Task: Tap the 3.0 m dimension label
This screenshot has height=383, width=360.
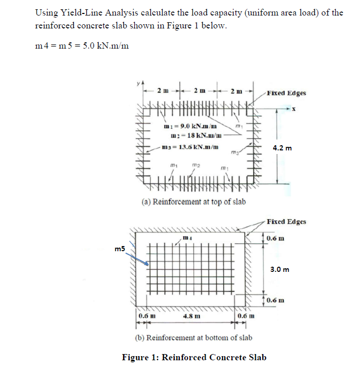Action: point(280,269)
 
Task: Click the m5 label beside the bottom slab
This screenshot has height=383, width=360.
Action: point(120,250)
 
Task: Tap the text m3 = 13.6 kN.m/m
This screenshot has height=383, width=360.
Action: point(190,147)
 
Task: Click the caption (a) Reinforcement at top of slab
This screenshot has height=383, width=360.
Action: point(194,202)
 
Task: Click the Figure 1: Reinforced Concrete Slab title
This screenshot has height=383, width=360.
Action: point(194,357)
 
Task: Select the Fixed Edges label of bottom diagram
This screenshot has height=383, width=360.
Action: point(287,222)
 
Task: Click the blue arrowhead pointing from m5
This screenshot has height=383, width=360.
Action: point(148,264)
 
